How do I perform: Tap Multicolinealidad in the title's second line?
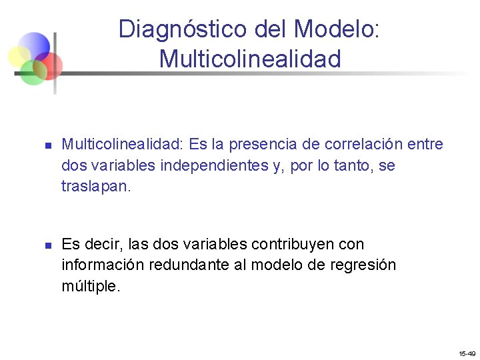(250, 59)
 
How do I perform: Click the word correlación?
(364, 145)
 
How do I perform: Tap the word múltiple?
(91, 286)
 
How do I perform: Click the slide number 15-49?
(467, 353)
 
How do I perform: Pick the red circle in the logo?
(50, 65)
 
